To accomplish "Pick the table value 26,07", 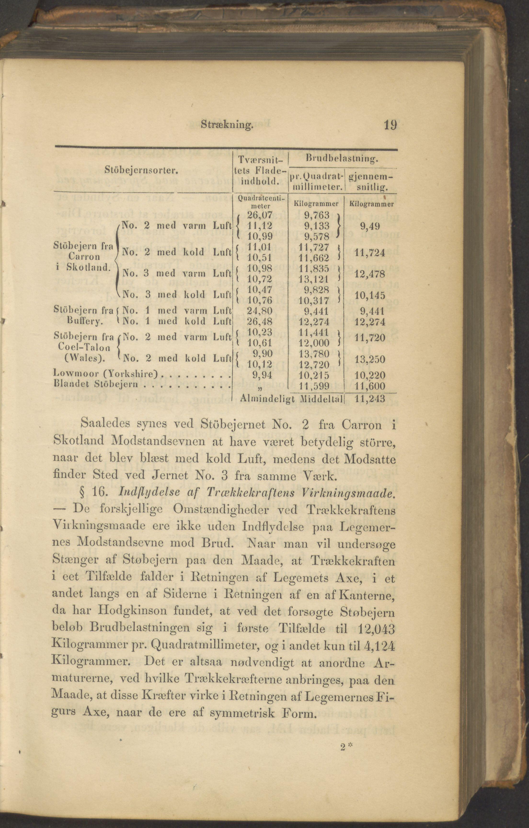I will (260, 215).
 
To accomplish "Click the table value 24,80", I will (260, 311).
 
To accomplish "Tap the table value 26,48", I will (260, 322).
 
